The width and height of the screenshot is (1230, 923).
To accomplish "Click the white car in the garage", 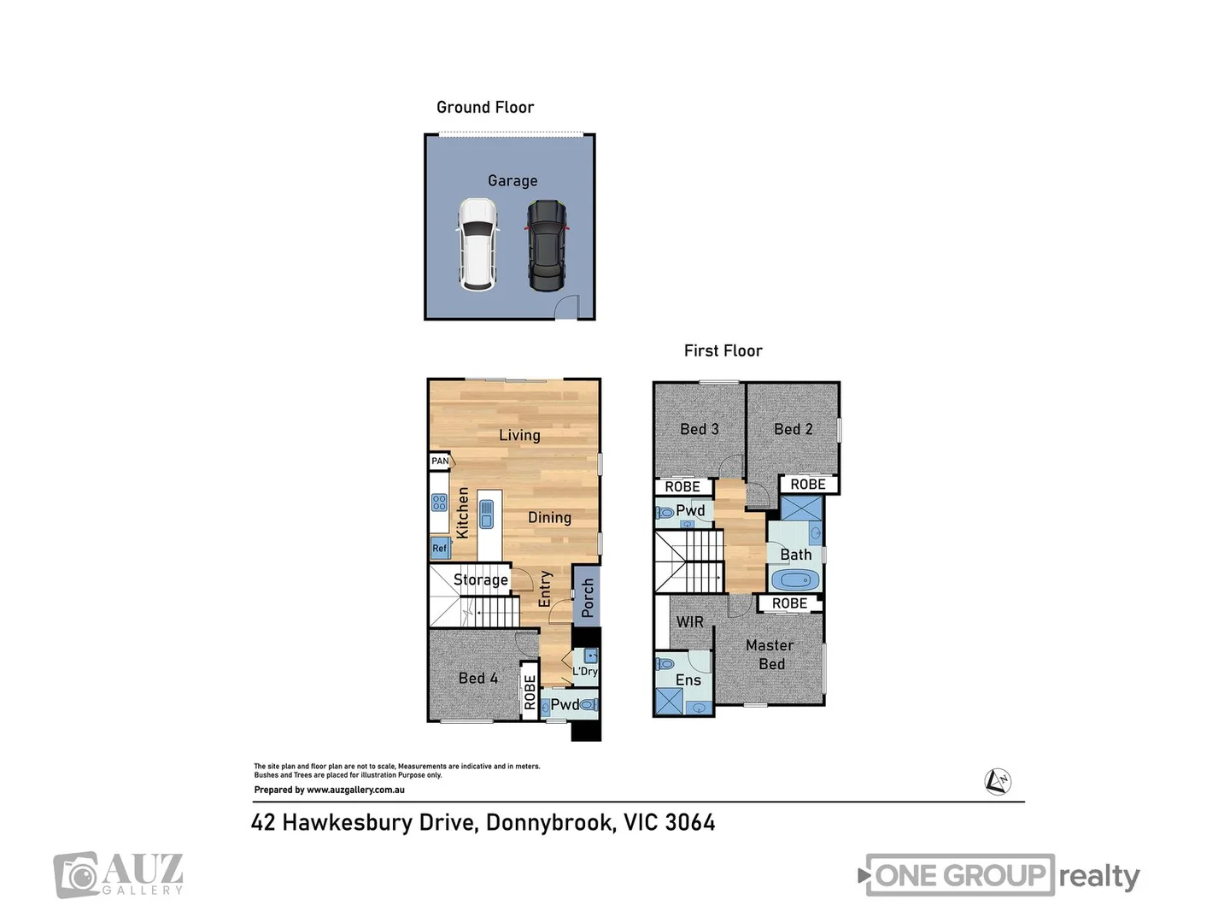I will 477,244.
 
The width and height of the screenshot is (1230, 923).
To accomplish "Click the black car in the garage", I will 546,244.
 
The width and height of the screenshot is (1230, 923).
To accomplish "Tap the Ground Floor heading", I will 485,107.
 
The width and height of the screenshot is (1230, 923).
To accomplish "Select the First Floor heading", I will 723,350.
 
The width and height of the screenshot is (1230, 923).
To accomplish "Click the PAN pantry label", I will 440,461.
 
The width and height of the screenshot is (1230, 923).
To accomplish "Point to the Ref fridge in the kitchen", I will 439,548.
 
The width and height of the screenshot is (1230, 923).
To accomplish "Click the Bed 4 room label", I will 478,678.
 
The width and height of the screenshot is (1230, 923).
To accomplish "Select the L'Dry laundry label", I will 585,671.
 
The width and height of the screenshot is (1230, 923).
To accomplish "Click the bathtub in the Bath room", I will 794,581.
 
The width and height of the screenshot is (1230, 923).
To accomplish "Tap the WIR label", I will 690,622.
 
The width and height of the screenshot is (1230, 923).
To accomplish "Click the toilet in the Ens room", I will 665,664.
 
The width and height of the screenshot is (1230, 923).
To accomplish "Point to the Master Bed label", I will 770,655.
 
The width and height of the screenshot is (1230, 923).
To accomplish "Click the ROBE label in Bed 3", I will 682,486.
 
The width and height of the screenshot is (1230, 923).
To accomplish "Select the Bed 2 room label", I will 794,429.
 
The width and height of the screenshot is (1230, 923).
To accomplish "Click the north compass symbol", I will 997,781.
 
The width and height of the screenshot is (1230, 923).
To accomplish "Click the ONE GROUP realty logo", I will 999,875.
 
